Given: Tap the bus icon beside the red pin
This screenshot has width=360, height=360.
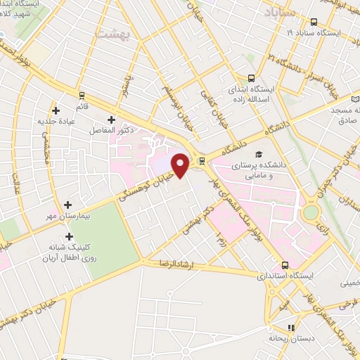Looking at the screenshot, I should click(x=202, y=160).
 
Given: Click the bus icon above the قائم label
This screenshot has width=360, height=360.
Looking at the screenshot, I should click(x=82, y=95).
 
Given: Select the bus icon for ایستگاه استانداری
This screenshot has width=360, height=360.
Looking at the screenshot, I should click(x=285, y=265).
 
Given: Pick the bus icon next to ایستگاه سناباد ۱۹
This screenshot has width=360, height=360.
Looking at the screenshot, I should click(x=313, y=22).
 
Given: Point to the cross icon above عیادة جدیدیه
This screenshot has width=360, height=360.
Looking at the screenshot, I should click(x=56, y=110).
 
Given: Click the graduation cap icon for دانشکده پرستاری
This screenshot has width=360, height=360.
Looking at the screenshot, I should click(x=259, y=154).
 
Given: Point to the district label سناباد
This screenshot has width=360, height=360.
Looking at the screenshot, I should click(x=279, y=11).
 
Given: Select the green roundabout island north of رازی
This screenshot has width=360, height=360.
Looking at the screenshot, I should click(x=309, y=211).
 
